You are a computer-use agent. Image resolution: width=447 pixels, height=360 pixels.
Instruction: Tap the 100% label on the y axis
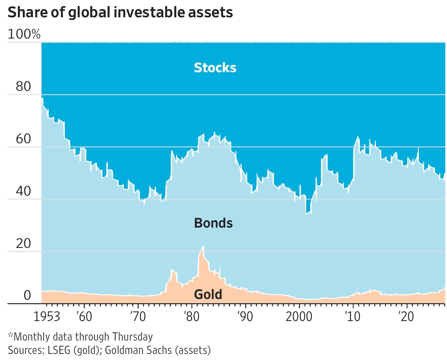click(x=24, y=35)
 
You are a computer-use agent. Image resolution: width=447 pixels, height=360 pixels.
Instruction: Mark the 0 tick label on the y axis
click(x=27, y=296)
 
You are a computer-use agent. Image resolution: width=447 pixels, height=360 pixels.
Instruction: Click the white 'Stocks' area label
click(x=215, y=68)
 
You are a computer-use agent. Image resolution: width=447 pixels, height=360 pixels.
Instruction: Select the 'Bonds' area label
click(x=213, y=223)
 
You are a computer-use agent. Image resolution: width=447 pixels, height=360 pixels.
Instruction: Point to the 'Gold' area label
click(x=208, y=295)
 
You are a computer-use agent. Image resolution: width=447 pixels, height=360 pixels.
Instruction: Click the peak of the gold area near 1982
click(x=203, y=247)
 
